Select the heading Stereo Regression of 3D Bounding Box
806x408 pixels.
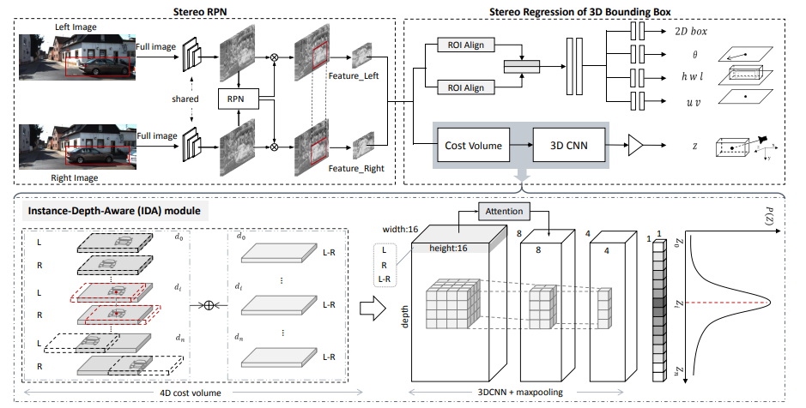(580, 9)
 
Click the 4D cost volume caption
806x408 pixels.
(189, 393)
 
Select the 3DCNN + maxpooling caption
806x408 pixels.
(516, 393)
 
